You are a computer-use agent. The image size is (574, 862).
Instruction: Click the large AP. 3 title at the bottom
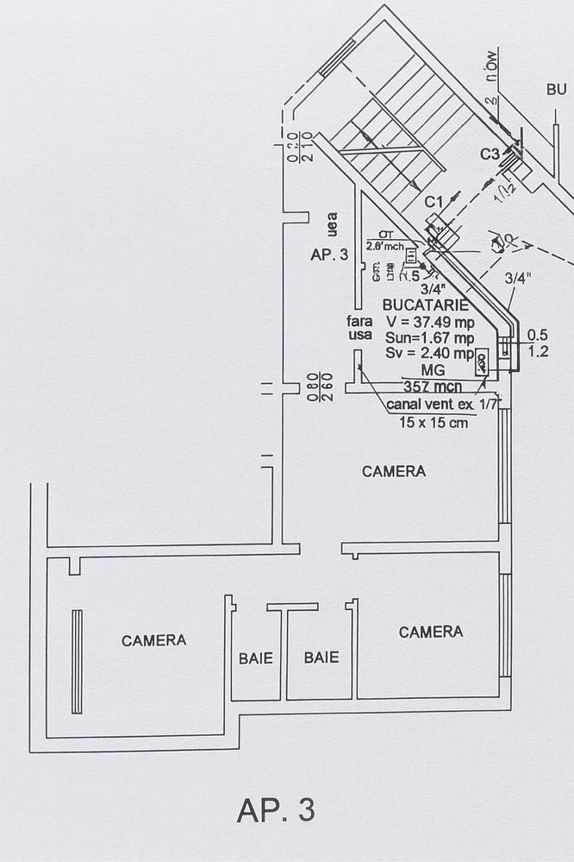click(x=276, y=810)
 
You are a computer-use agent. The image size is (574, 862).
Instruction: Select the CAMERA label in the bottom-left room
click(x=153, y=640)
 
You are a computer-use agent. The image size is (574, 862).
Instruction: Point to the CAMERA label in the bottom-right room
click(x=430, y=632)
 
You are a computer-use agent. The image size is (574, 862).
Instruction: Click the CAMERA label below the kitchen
click(x=393, y=472)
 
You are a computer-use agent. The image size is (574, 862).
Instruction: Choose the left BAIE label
click(x=255, y=658)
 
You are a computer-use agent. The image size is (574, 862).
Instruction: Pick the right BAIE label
click(x=321, y=658)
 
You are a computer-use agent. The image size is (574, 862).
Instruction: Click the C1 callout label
click(x=434, y=201)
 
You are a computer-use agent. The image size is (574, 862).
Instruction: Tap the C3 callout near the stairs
click(x=490, y=154)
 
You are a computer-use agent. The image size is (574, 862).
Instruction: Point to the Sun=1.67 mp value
click(x=429, y=337)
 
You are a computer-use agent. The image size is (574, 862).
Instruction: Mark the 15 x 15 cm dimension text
click(x=434, y=423)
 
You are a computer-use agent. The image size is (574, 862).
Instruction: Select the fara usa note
click(x=359, y=328)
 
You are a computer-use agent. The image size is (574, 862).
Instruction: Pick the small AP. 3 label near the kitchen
click(x=328, y=255)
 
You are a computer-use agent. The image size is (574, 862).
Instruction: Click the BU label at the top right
click(x=556, y=90)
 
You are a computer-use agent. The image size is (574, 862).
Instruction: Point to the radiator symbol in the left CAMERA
click(x=77, y=661)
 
